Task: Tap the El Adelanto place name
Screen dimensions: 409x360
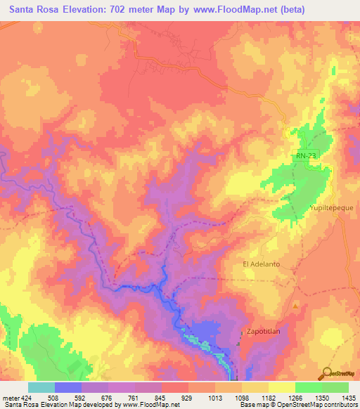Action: point(262,264)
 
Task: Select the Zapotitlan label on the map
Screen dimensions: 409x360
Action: point(266,330)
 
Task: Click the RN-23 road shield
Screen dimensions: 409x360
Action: point(302,156)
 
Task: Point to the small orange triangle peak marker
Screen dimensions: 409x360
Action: point(295,306)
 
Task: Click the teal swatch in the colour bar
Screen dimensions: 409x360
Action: point(41,387)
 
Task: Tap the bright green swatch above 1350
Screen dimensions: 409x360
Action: point(309,387)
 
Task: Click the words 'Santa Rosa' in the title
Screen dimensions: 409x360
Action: point(32,9)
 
